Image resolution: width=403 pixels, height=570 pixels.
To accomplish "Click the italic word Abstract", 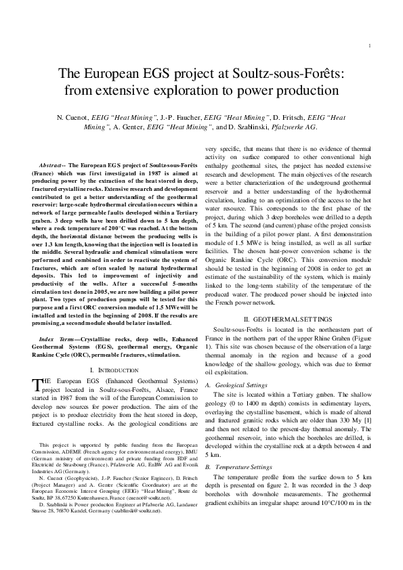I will tap(51, 165).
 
